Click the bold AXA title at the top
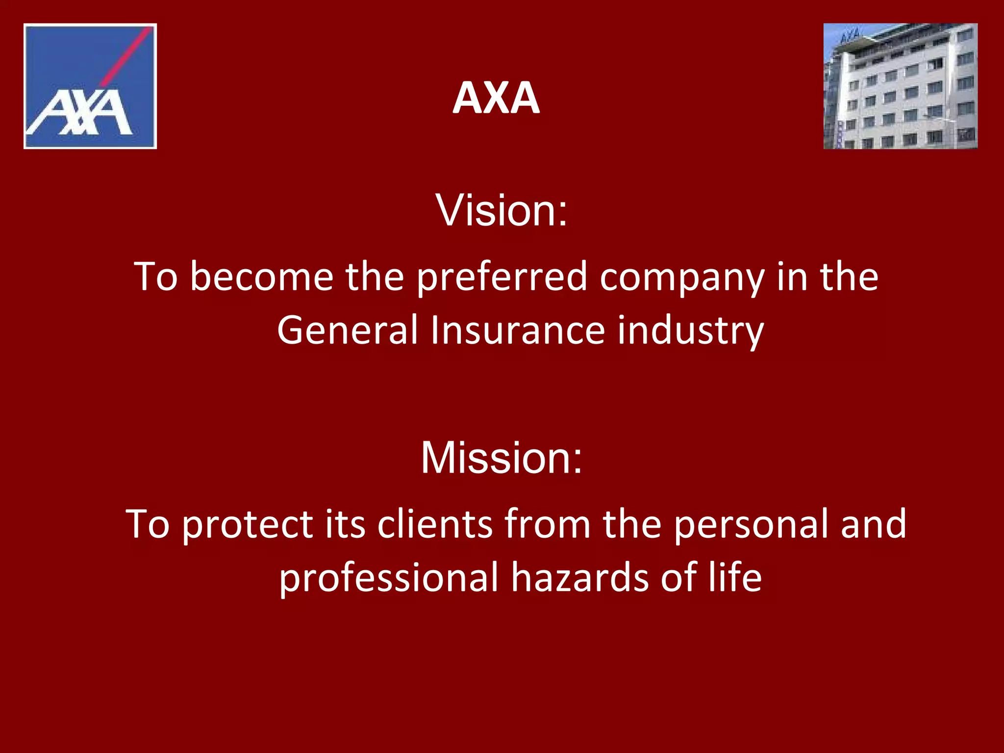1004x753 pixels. tap(496, 98)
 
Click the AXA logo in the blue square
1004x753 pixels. tap(90, 86)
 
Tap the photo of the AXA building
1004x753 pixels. tap(901, 86)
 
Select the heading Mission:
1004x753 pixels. tap(502, 457)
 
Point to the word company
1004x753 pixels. tap(682, 277)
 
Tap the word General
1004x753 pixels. tap(347, 330)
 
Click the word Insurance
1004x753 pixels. tap(518, 330)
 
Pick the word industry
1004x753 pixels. tap(690, 330)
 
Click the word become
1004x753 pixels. tap(262, 277)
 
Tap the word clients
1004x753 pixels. tap(434, 525)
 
